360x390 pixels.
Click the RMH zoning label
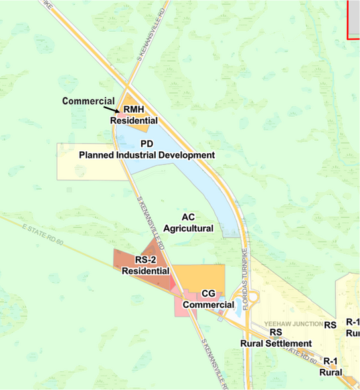click(134, 111)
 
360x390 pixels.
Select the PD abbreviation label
click(147, 143)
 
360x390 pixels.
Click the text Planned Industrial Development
click(147, 155)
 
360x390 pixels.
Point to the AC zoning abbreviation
click(188, 217)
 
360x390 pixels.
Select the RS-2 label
click(145, 260)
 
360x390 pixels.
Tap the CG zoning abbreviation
click(208, 293)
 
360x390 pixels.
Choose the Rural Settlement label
click(276, 343)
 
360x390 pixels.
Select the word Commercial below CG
click(208, 304)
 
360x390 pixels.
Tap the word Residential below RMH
click(134, 121)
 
